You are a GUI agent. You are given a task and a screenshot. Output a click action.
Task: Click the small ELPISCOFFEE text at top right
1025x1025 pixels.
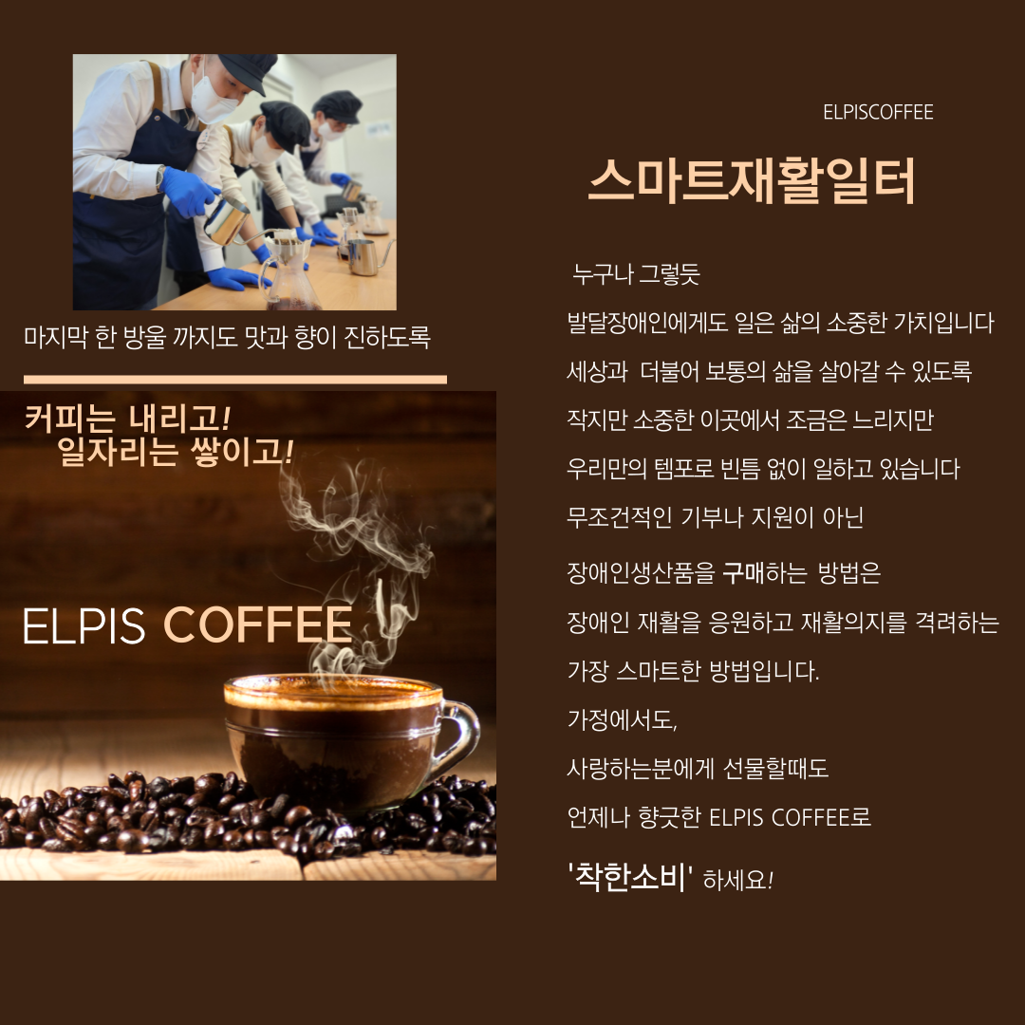point(878,112)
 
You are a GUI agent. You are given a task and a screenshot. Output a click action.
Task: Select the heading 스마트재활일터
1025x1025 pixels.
point(752,181)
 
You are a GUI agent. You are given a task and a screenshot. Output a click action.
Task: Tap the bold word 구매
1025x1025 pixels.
point(742,573)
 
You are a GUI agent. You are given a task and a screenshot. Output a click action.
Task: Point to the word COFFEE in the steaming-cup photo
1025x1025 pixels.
point(257,624)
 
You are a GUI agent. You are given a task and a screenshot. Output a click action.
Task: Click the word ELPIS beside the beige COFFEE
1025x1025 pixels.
point(84,625)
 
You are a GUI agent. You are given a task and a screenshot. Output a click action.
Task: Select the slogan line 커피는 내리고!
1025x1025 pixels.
point(127,419)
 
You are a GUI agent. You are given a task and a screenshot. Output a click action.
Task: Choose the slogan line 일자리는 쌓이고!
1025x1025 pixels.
point(176,452)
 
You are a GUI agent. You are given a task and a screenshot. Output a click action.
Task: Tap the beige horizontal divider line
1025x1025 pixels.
point(235,379)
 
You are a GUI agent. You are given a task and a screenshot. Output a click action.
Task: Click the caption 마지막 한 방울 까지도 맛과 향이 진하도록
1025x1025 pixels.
point(227,337)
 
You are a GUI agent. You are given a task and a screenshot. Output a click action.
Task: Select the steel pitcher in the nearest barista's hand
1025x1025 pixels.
point(226,221)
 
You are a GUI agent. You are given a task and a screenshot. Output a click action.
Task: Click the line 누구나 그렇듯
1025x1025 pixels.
point(636,274)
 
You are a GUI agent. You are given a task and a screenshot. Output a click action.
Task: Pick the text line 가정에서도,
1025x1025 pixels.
point(622,719)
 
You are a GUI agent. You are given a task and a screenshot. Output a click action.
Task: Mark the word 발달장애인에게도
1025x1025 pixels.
point(647,323)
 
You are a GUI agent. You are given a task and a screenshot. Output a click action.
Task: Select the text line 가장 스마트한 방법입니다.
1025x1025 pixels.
point(693,671)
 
